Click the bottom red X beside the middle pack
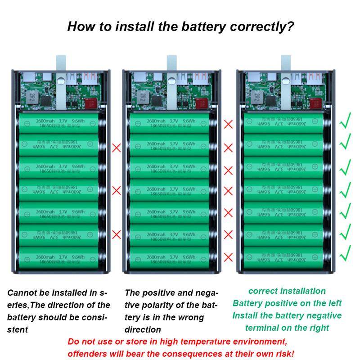coord(229,257)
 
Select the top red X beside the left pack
coord(117,147)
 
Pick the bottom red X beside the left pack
coord(117,234)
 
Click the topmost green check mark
coord(346,122)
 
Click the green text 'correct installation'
coord(287,291)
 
